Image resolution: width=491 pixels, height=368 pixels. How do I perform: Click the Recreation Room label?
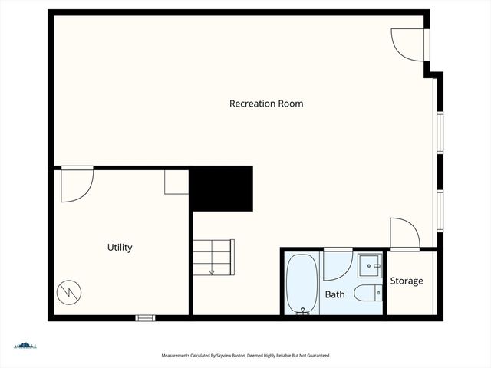pyautogui.click(x=266, y=103)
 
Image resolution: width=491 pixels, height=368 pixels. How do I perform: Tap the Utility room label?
pyautogui.click(x=120, y=248)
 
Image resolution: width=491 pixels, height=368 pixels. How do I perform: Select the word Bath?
pyautogui.click(x=335, y=294)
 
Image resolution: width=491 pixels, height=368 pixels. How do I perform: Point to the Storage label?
pyautogui.click(x=407, y=281)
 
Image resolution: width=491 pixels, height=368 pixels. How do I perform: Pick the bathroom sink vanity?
pyautogui.click(x=371, y=266)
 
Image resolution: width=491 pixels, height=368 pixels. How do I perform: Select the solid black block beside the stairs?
pyautogui.click(x=221, y=189)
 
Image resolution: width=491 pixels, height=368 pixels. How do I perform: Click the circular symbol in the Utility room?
pyautogui.click(x=68, y=291)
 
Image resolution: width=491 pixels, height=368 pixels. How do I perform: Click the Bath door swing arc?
pyautogui.click(x=337, y=264)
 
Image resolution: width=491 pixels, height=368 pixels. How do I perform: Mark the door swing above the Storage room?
pyautogui.click(x=404, y=233)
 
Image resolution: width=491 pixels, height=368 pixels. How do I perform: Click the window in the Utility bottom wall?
pyautogui.click(x=145, y=317)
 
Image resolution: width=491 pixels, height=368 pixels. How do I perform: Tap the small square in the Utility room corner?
pyautogui.click(x=176, y=182)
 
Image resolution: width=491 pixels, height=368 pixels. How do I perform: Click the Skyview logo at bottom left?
pyautogui.click(x=25, y=346)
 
